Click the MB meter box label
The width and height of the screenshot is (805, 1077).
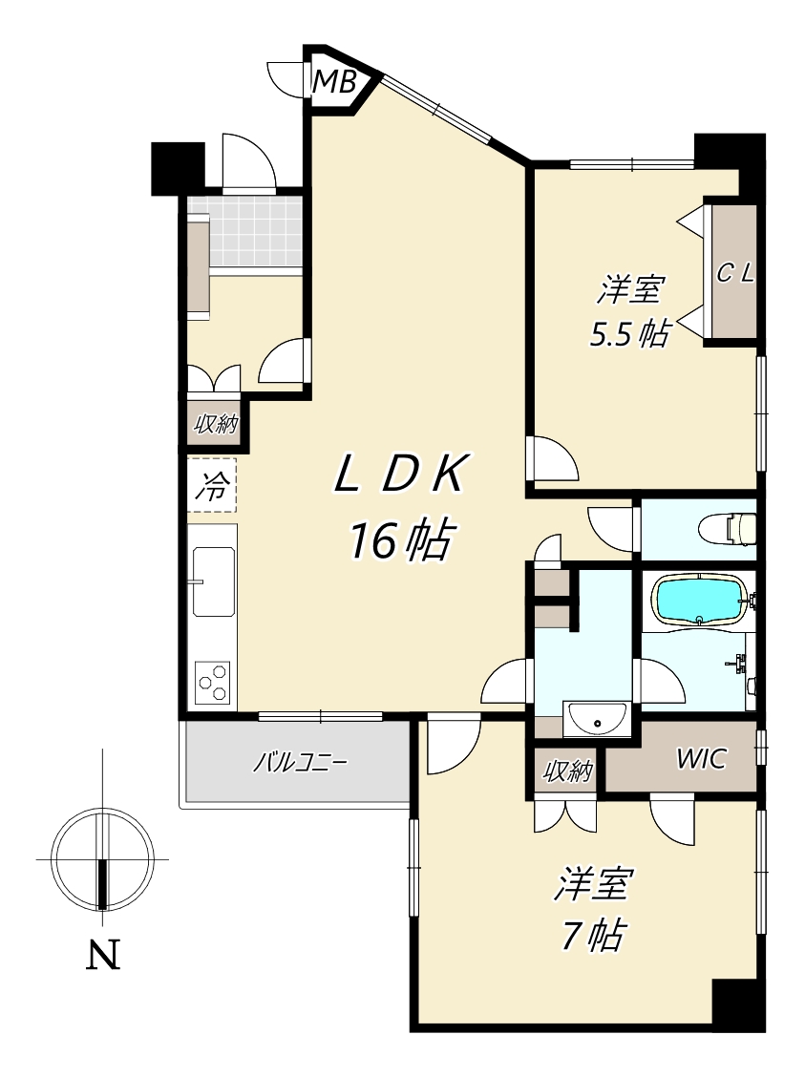(334, 82)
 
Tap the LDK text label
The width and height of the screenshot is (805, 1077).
(401, 474)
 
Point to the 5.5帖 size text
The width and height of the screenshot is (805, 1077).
(629, 334)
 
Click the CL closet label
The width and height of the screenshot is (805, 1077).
(735, 274)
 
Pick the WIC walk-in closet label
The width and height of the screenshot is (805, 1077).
(701, 759)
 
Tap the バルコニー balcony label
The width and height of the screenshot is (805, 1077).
(300, 763)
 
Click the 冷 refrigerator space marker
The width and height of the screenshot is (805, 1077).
(212, 487)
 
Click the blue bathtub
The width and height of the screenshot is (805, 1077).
(700, 600)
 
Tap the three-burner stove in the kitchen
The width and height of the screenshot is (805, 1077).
(212, 682)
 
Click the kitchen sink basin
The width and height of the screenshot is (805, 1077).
(213, 581)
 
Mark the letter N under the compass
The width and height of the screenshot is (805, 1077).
(103, 954)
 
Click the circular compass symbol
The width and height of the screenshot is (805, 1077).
(103, 859)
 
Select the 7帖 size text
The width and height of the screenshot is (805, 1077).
(593, 934)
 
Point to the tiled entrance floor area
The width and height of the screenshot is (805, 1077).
(246, 231)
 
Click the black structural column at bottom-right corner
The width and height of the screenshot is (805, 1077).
(738, 1004)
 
